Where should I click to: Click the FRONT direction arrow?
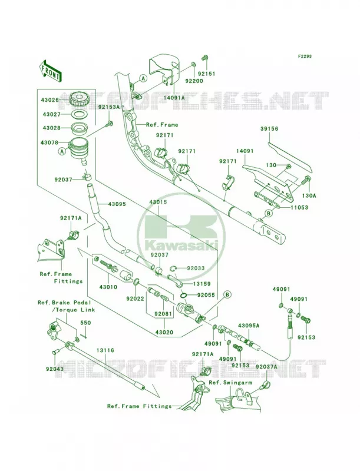(x=51, y=71)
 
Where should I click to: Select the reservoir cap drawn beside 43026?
(x=78, y=99)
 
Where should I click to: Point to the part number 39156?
(x=269, y=128)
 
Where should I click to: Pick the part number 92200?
(x=194, y=81)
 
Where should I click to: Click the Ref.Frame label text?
(x=162, y=125)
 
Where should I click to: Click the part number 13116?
(x=105, y=350)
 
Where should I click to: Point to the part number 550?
(x=85, y=323)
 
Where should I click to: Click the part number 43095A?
(x=249, y=326)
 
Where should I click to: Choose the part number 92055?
(x=206, y=295)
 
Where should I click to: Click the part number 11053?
(x=299, y=207)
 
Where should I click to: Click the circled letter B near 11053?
(x=268, y=213)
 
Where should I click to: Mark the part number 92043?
(x=55, y=369)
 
